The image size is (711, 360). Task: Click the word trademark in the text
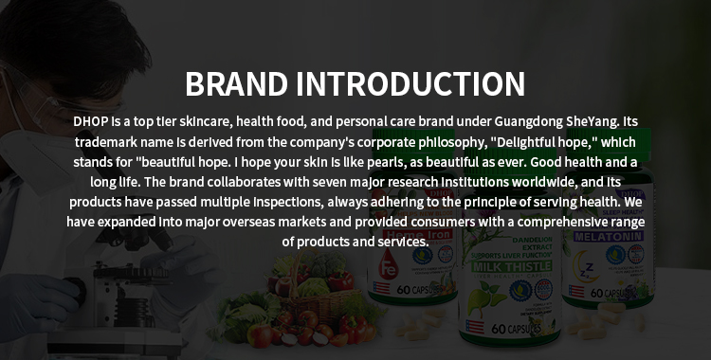pos(109,142)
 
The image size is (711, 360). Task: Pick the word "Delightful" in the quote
pos(462,142)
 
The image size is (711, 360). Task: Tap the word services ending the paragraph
pos(405,242)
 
